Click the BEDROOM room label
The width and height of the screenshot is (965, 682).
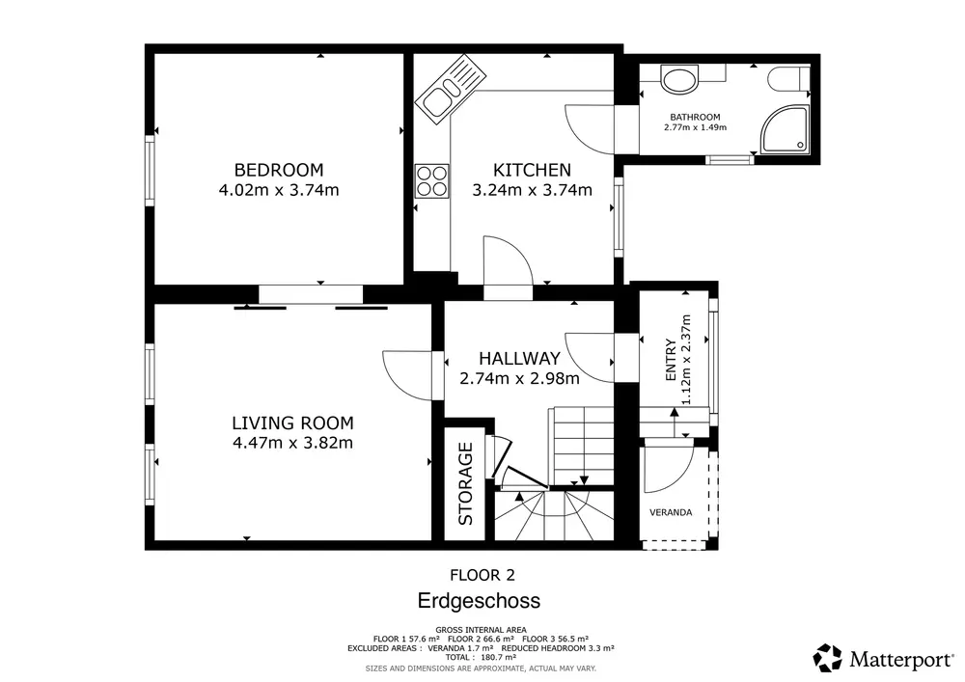(x=279, y=170)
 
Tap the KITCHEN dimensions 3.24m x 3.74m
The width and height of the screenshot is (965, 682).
(x=532, y=190)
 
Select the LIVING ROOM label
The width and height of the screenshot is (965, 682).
(x=293, y=423)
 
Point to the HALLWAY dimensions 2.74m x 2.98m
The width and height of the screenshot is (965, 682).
(x=519, y=378)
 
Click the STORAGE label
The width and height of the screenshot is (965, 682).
(x=466, y=484)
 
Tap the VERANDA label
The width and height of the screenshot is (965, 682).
(x=671, y=512)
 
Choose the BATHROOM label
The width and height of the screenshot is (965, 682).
(x=695, y=117)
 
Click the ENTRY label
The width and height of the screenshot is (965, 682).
(x=671, y=360)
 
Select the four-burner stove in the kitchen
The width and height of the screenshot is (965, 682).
(x=431, y=181)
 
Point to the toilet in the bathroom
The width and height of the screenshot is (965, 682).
(x=788, y=79)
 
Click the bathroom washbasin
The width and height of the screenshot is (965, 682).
(x=679, y=79)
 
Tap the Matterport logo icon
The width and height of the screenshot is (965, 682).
(x=828, y=658)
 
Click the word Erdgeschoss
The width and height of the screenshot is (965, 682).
(x=479, y=600)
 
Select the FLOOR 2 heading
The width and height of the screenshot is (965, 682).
(x=482, y=575)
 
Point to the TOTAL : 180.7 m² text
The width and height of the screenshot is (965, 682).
(x=481, y=657)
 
